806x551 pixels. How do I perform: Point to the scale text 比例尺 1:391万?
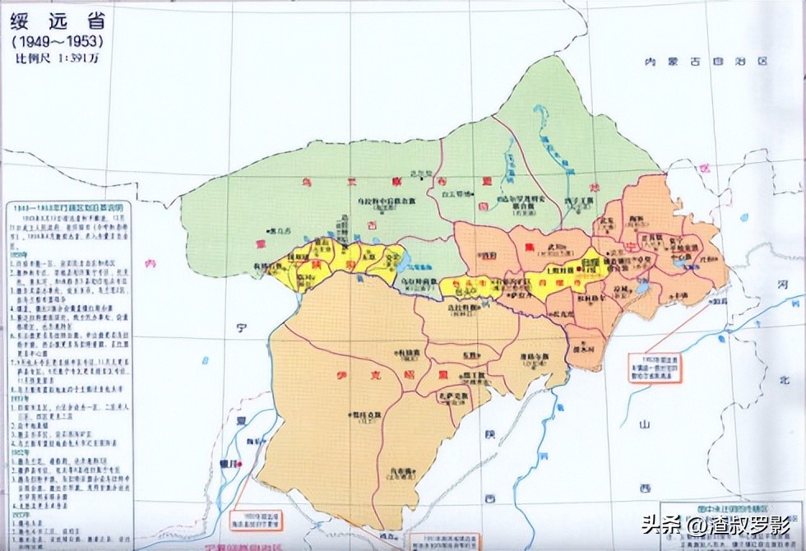coord(57,58)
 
